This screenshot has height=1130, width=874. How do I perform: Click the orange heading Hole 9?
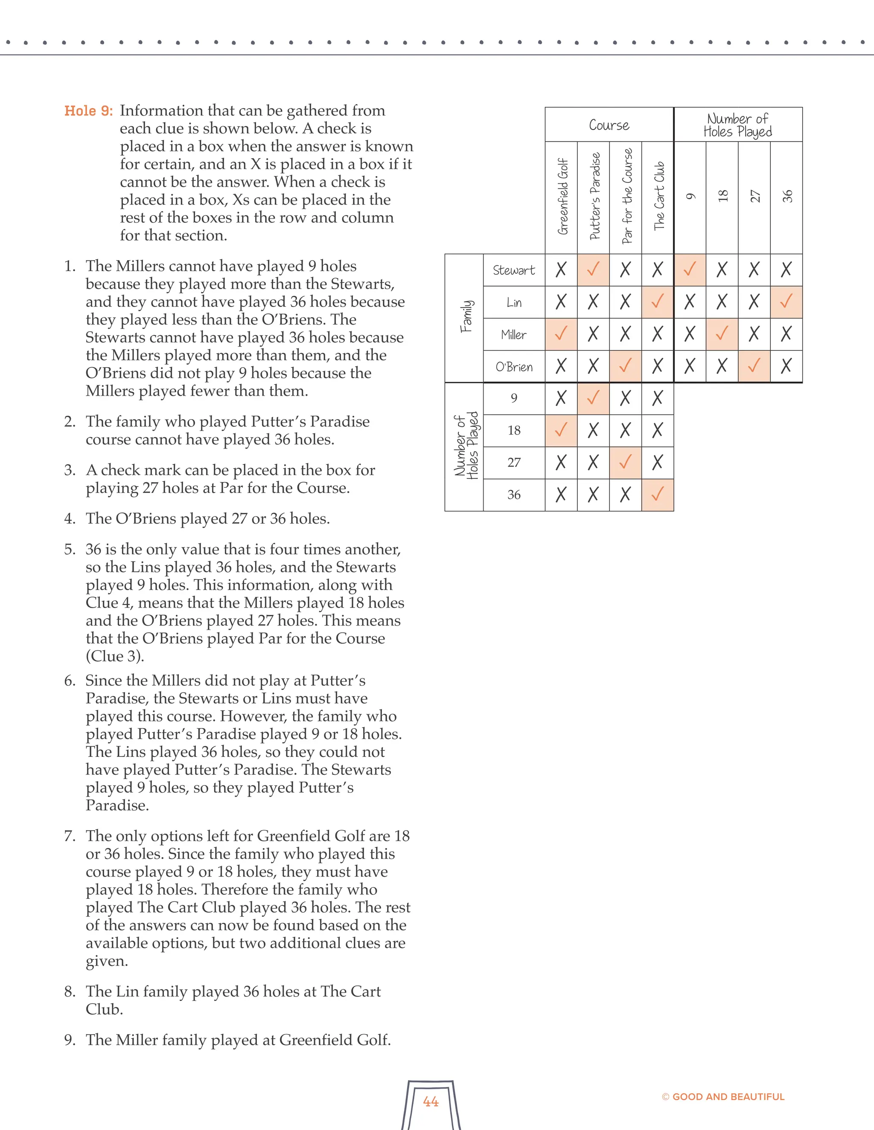pos(88,111)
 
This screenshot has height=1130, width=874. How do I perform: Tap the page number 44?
pos(431,1101)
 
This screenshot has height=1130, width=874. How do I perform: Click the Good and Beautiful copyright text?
pos(723,1096)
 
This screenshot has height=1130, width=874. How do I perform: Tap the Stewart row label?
pos(514,270)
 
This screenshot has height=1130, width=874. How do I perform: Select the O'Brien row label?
pos(514,367)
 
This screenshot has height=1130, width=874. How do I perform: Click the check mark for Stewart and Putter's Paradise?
pos(593,269)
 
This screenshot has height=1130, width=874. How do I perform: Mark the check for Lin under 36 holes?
pos(786,301)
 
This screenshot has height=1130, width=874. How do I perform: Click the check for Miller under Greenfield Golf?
pos(561,334)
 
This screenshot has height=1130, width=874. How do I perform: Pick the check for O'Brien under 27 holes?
pos(754,366)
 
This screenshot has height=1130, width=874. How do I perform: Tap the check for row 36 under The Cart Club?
pos(658,495)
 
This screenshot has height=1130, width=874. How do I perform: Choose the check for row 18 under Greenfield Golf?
pos(561,430)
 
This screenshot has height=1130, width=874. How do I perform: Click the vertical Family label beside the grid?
pos(466,317)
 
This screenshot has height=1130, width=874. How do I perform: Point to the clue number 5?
pos(70,550)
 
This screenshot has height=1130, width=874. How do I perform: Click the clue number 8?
pos(70,992)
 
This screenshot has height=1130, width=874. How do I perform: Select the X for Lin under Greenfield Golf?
pos(561,301)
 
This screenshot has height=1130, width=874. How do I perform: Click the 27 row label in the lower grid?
pos(514,463)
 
